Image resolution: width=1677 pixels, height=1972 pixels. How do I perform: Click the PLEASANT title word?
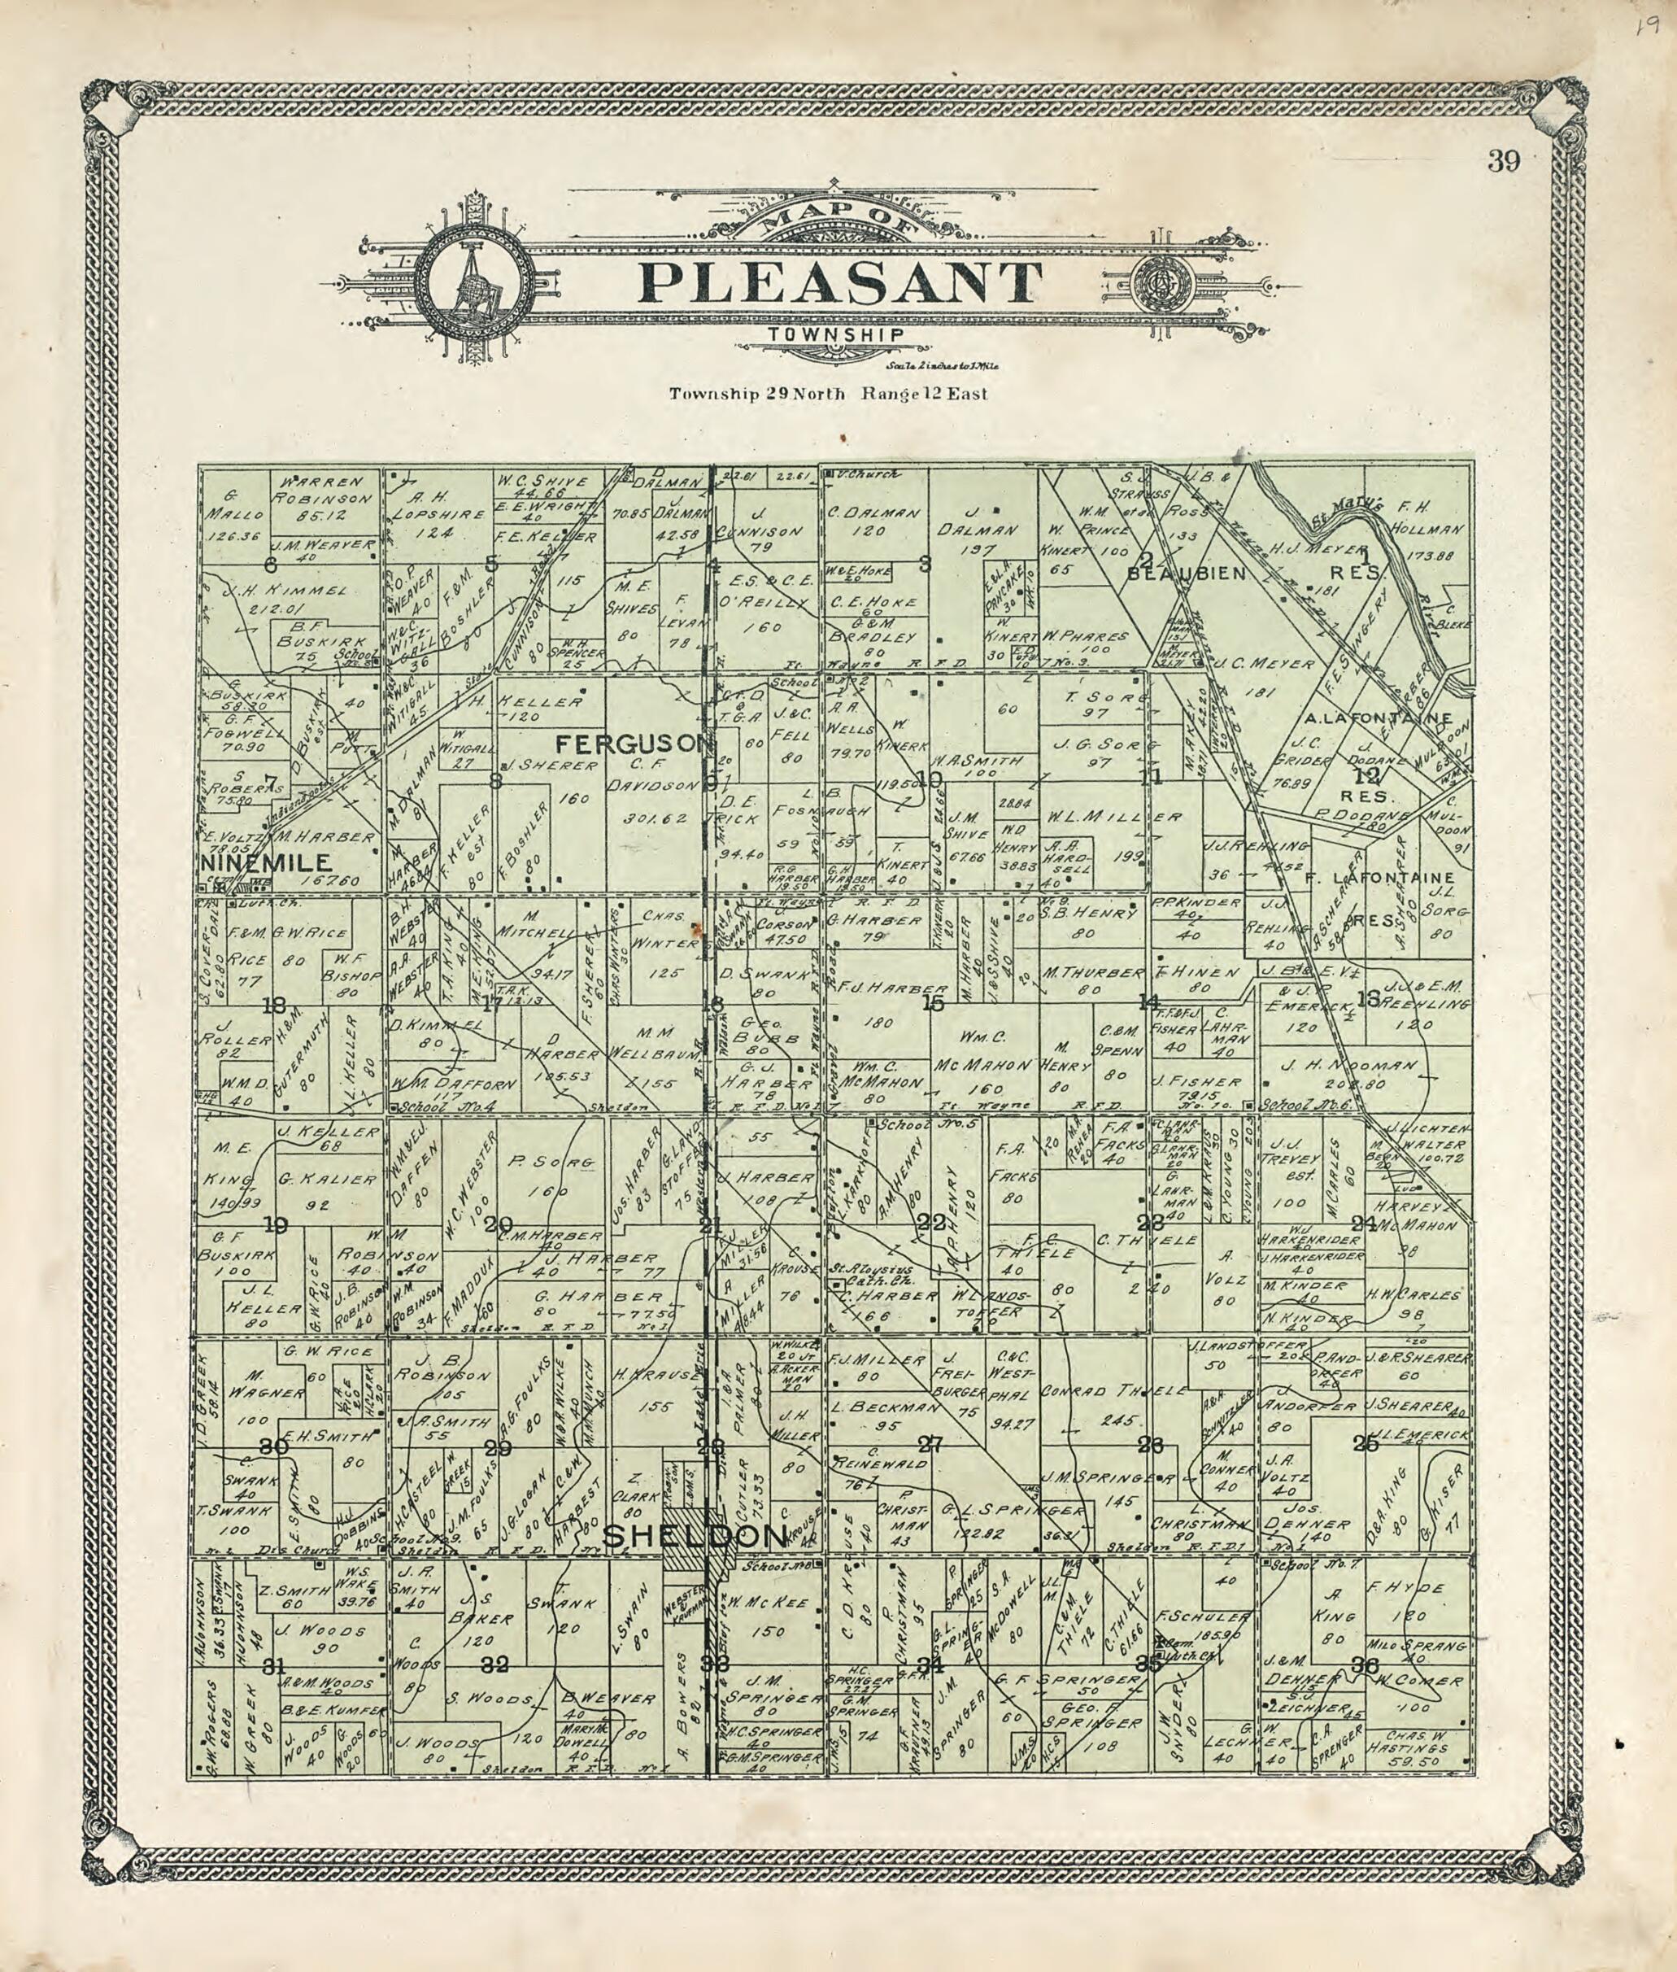(840, 281)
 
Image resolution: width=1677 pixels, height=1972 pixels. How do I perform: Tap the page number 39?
(1504, 162)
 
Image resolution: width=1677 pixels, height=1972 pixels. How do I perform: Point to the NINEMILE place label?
(266, 862)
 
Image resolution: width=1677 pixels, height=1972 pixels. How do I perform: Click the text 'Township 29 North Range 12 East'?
(827, 394)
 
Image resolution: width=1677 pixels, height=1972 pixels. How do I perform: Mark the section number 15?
(934, 1002)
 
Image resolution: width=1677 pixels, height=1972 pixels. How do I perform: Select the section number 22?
(934, 1223)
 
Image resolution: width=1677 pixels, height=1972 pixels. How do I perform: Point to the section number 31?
(275, 1666)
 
